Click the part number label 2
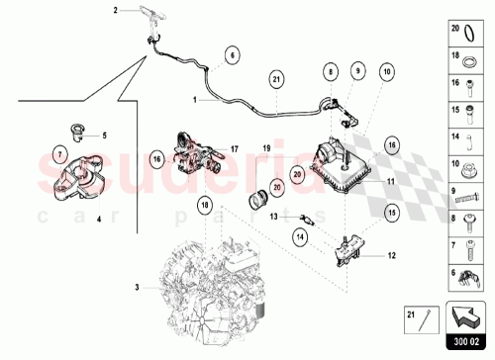pos(115,10)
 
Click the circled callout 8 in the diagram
pos(329,72)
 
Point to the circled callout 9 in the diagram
pos(356,72)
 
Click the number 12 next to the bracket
pos(391,254)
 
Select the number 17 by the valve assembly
pos(235,149)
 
